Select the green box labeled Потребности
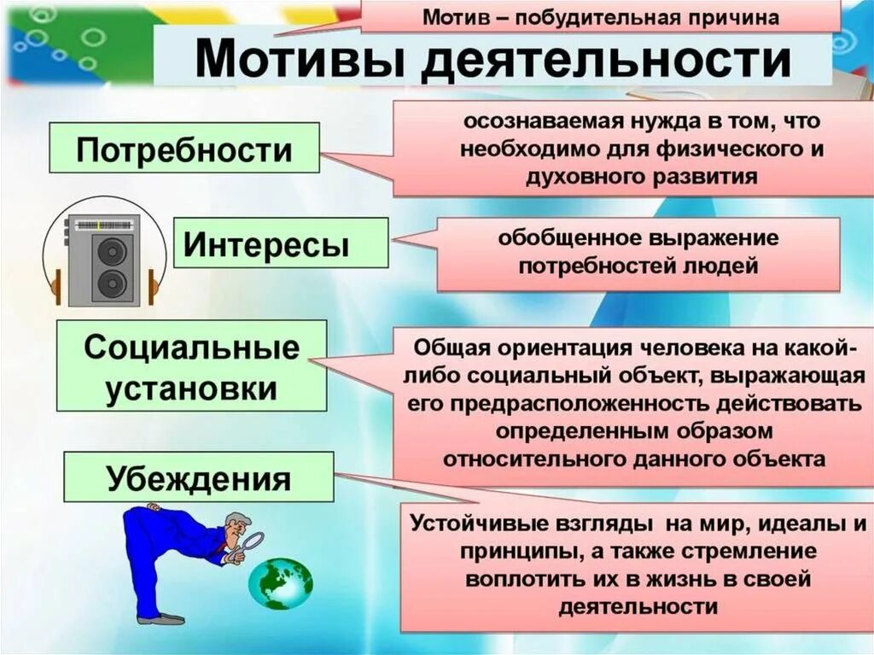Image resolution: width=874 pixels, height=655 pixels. tap(184, 150)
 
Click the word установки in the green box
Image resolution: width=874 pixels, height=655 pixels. tap(192, 389)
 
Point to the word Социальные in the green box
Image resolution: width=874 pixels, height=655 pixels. tap(192, 348)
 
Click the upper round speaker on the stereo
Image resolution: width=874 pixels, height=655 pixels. tap(113, 253)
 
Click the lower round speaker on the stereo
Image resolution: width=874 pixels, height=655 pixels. tap(113, 284)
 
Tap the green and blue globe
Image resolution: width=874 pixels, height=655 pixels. tap(280, 582)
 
